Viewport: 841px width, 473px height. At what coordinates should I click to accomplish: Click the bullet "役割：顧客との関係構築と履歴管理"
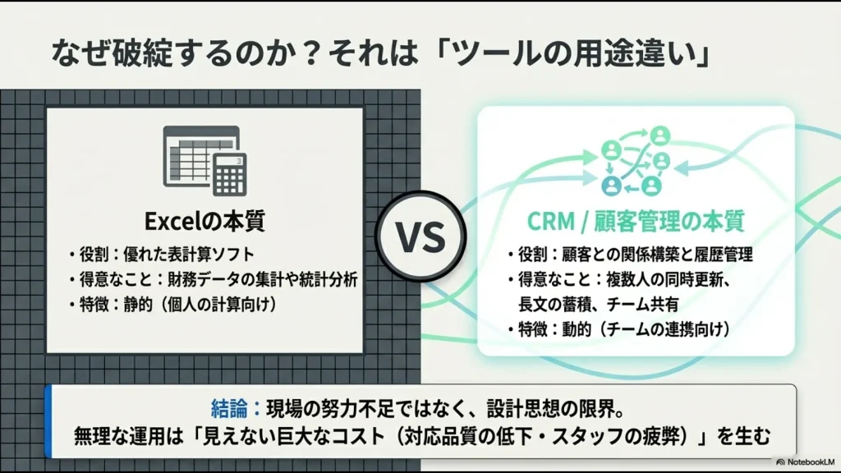(x=630, y=255)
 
